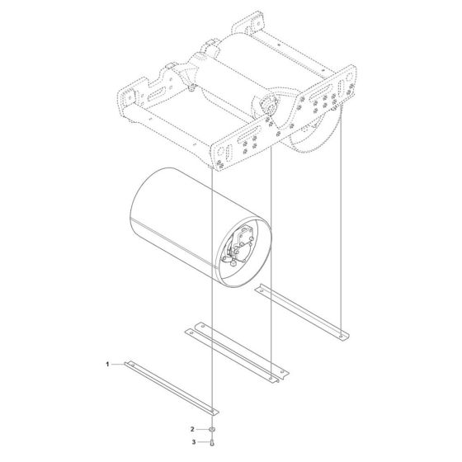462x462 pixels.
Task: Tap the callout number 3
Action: (x=193, y=443)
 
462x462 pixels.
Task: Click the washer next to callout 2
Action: (x=214, y=431)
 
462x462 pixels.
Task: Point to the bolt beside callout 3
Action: (x=214, y=443)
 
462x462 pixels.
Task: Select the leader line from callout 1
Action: (x=117, y=364)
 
